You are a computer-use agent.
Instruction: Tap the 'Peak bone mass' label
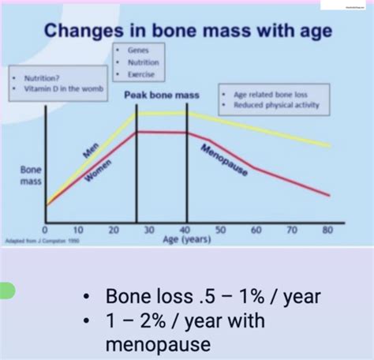tap(162, 94)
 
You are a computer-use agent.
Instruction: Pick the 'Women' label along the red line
tap(98, 172)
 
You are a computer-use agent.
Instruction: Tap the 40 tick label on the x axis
tap(186, 230)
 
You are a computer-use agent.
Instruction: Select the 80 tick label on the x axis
tap(326, 230)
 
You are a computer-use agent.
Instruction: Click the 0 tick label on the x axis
tap(47, 230)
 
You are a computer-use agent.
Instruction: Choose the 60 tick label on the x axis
tap(256, 230)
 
